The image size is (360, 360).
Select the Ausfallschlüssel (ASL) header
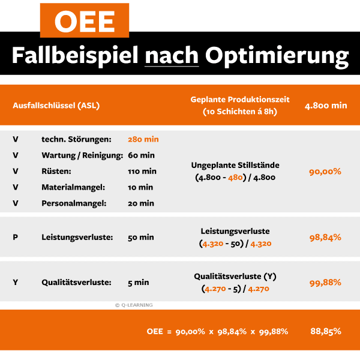[56, 105]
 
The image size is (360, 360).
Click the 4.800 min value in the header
[326, 105]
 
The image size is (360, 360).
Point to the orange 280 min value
[143, 139]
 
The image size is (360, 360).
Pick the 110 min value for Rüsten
[142, 171]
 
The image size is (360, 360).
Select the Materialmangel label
[73, 187]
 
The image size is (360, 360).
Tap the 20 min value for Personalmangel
[141, 203]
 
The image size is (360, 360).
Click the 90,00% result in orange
[325, 172]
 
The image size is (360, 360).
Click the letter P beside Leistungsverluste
[15, 237]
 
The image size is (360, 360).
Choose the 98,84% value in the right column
[325, 237]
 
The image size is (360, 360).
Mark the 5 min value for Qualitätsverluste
[139, 283]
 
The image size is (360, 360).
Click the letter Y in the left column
[15, 283]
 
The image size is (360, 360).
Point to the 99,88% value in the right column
[325, 283]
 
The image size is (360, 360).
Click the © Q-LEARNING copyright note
[134, 305]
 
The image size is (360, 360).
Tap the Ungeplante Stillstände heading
[235, 165]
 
